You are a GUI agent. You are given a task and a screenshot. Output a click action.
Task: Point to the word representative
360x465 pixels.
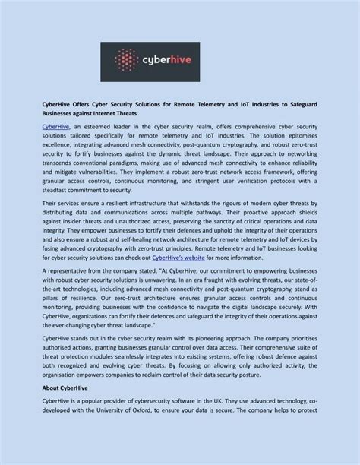(67, 270)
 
